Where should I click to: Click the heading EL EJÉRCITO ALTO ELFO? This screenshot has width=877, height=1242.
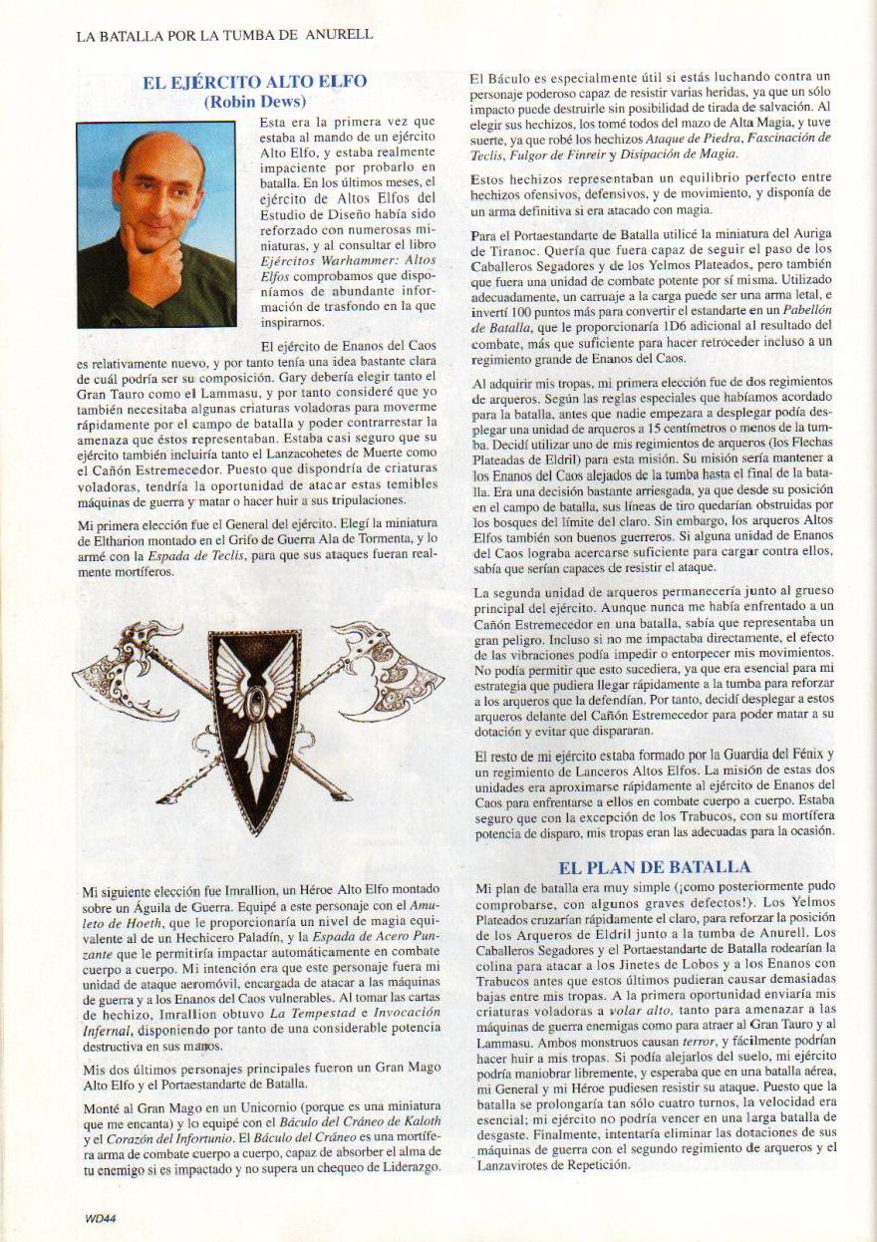(254, 83)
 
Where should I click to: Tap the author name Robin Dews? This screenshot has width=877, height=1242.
(254, 101)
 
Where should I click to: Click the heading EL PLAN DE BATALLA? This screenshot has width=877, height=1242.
(654, 868)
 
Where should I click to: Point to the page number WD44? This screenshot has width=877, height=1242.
(100, 1217)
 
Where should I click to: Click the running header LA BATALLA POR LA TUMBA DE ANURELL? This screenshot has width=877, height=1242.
(224, 35)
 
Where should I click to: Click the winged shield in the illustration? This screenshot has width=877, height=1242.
(255, 718)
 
